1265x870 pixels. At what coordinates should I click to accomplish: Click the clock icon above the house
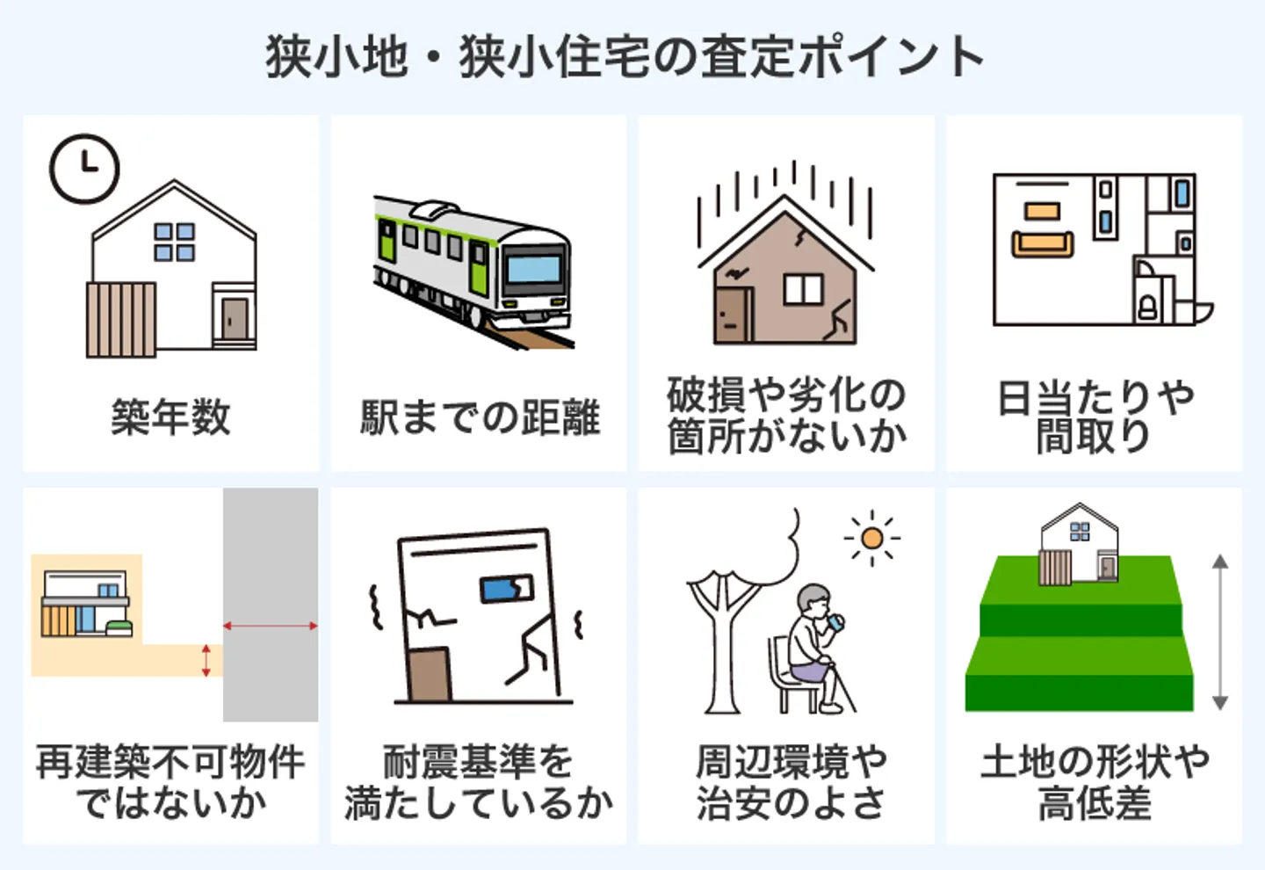(84, 169)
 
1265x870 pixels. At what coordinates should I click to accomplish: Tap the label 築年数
(170, 417)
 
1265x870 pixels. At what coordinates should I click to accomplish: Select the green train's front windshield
(532, 268)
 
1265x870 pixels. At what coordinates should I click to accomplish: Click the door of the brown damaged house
(732, 315)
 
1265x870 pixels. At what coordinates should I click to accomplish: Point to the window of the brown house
(803, 289)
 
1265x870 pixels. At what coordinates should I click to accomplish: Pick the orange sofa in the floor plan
(1043, 243)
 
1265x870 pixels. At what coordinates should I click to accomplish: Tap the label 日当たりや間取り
(1095, 417)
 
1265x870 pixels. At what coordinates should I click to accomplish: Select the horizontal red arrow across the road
(271, 626)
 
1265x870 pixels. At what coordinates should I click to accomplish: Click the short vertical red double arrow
(206, 660)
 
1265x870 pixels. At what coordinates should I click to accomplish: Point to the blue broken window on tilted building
(507, 589)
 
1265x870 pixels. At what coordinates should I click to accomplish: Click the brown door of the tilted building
(430, 675)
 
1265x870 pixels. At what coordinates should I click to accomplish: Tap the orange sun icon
(872, 538)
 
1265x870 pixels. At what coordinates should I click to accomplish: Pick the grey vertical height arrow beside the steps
(1219, 631)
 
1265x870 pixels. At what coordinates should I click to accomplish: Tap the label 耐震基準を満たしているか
(480, 782)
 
